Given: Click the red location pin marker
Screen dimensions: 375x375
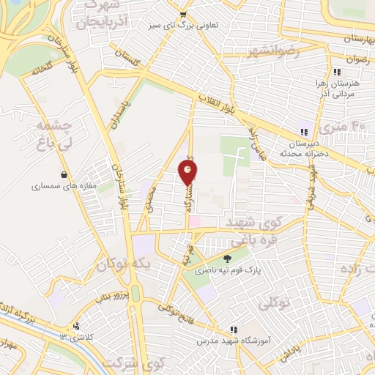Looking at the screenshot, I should click(188, 172).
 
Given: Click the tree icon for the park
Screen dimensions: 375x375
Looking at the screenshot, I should click(226, 258).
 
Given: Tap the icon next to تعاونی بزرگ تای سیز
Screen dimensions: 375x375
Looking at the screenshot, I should click(184, 14).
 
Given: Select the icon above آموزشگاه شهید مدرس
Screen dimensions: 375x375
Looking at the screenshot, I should click(234, 330).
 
